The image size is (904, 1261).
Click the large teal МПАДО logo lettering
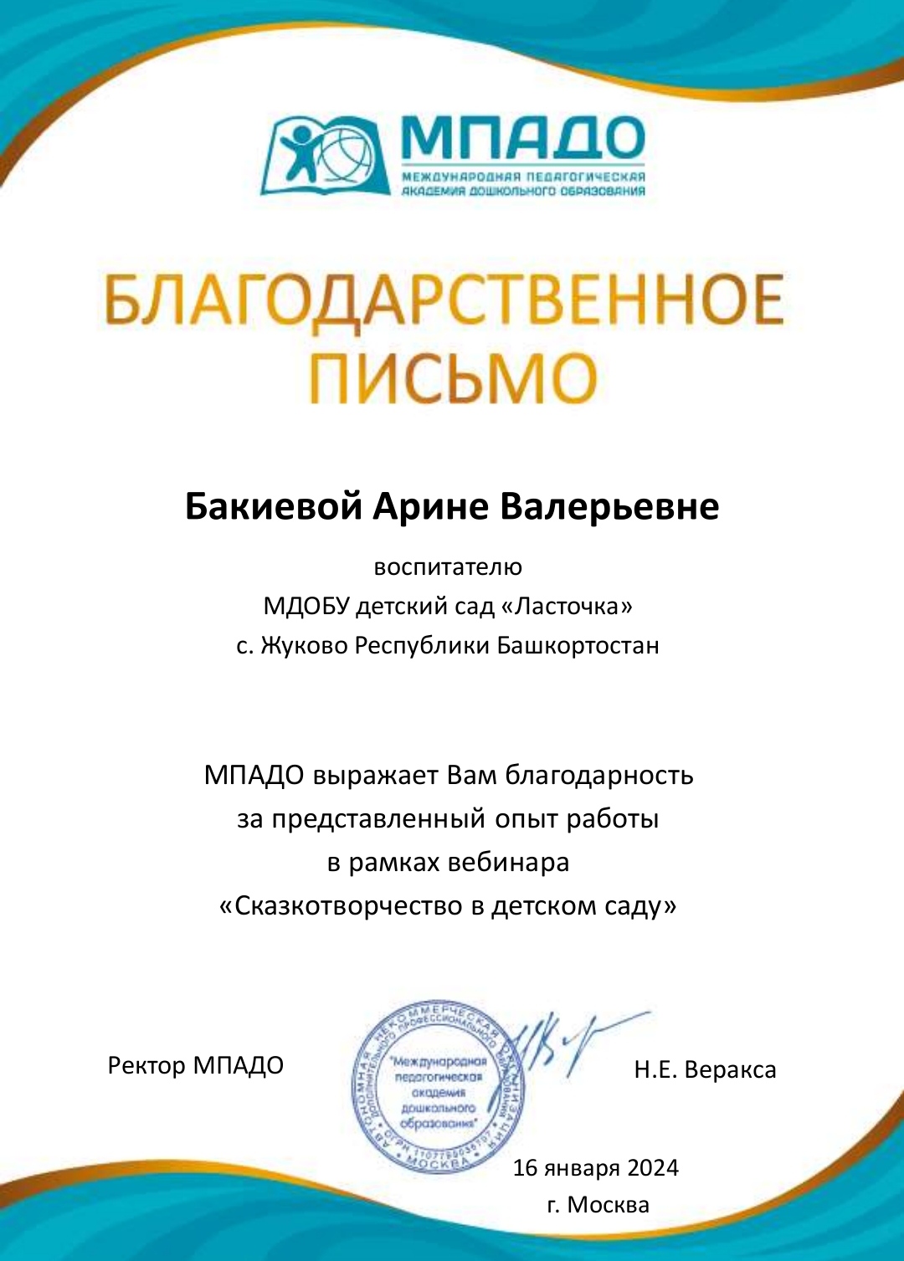[522, 138]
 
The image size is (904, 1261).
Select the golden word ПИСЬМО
[453, 377]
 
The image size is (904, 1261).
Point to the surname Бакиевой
[273, 507]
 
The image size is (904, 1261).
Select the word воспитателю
[448, 567]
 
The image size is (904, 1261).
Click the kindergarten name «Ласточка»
[567, 606]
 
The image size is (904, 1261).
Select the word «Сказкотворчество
[342, 906]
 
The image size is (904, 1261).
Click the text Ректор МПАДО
[196, 1066]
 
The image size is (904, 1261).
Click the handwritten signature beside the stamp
[569, 1042]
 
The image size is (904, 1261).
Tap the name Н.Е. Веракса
[705, 1070]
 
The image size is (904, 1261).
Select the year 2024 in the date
[653, 1168]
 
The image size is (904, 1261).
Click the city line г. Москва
[598, 1205]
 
